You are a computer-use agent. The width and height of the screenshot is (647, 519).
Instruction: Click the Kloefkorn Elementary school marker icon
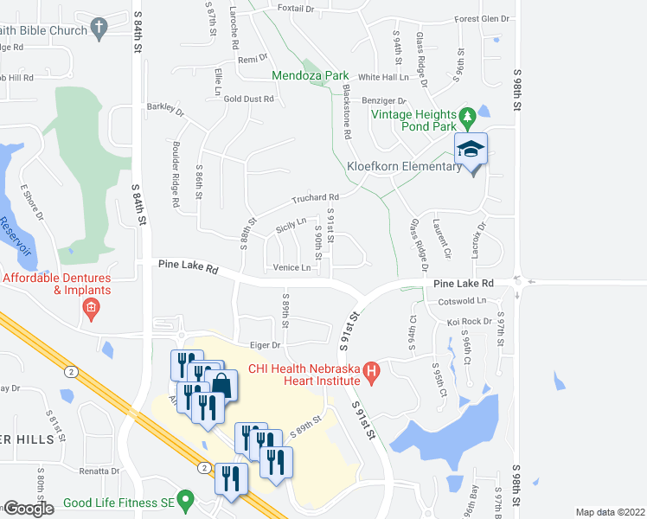point(471,150)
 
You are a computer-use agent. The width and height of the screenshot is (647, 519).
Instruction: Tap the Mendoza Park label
point(311,76)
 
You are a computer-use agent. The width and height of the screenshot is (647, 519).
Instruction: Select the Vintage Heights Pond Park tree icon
point(468,115)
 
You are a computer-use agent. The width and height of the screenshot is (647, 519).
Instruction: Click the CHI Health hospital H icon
point(372,374)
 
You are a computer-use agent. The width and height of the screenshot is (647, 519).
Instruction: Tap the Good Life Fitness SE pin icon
point(185,502)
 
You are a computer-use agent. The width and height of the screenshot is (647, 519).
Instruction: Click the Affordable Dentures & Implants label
point(57,284)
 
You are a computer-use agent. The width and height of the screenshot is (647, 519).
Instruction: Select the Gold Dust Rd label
point(248,99)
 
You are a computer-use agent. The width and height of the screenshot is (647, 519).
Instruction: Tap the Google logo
point(29,509)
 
